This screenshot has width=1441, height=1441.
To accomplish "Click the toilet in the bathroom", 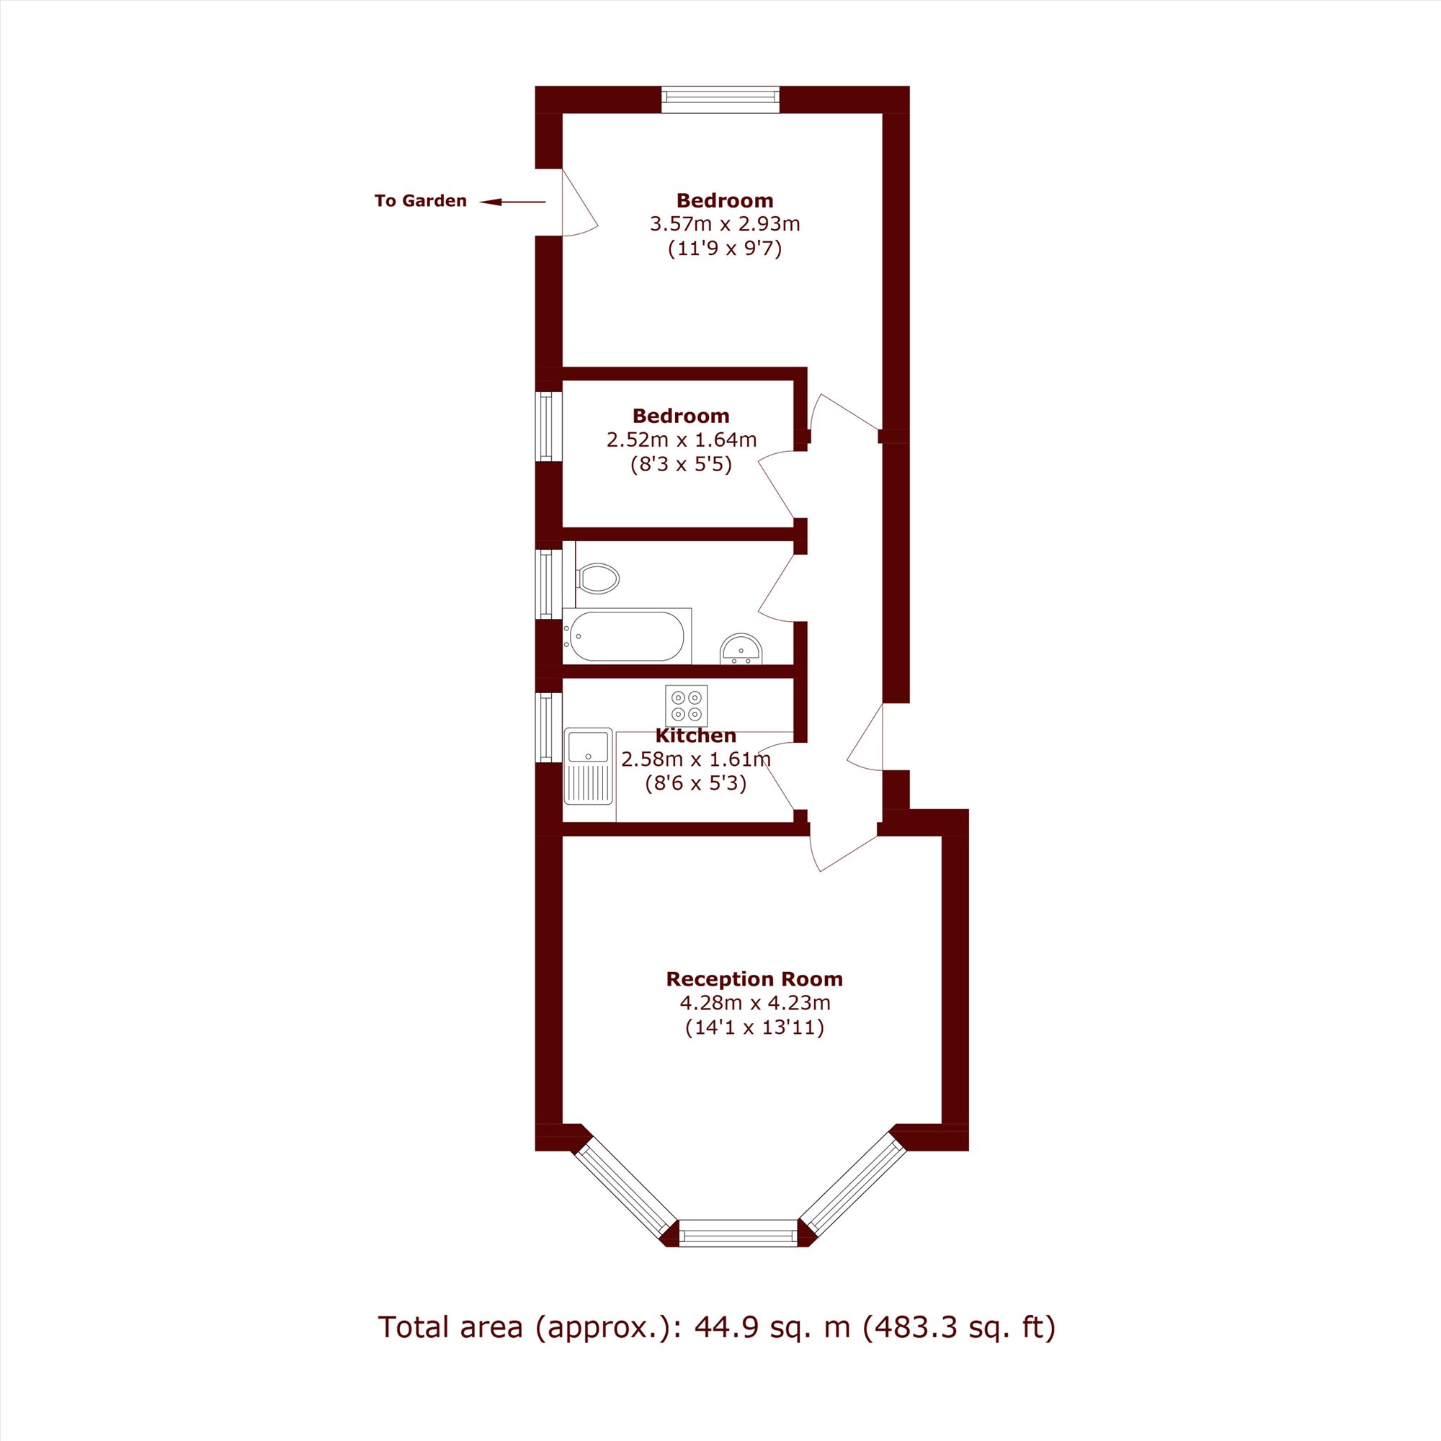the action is pos(597,578).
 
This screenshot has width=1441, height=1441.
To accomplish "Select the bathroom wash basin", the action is pos(741,649).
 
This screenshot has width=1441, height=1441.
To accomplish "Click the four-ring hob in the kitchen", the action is pos(686,705).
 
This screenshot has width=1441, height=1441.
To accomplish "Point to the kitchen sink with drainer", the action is pos(589,766).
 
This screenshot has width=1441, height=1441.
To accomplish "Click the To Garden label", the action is pos(421,200).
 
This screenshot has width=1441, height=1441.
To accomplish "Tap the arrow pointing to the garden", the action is pos(512,202).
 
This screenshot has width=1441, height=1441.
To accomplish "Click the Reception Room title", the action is pos(754,978).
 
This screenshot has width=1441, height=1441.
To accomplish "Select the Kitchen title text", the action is pos(696,736).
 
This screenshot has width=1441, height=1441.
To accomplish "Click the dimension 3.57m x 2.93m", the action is pos(725,224).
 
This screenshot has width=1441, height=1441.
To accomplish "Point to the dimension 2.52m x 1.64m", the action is pos(682,440).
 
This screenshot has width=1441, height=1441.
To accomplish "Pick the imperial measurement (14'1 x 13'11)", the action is pos(754,1028).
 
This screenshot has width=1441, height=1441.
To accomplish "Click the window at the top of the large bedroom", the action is pos(720,100).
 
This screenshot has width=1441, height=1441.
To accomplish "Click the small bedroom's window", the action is pos(549,427).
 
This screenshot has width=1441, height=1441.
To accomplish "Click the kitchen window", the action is pos(549,727).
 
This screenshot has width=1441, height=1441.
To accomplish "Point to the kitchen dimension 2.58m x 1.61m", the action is pos(696,760).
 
